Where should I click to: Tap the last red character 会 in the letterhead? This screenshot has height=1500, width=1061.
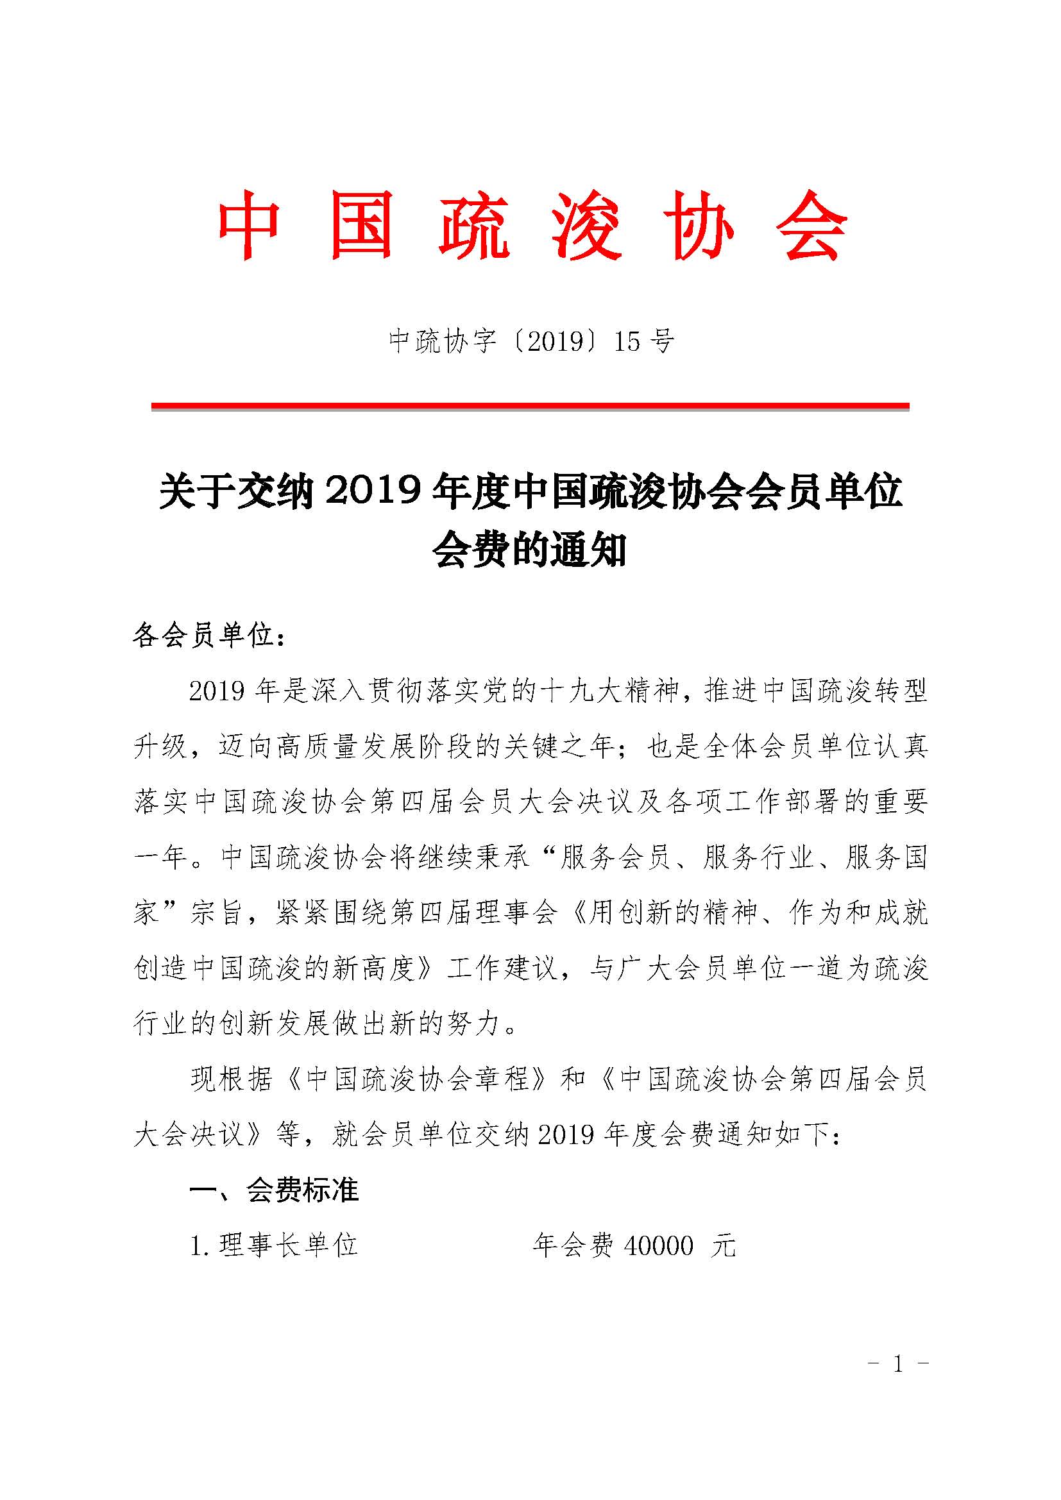tap(812, 224)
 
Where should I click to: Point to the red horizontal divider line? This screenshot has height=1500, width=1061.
tap(530, 407)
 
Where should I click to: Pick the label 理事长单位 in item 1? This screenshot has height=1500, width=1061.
tap(288, 1246)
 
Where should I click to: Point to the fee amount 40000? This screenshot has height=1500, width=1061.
tap(659, 1246)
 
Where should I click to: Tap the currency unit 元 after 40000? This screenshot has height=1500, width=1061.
tap(724, 1246)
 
